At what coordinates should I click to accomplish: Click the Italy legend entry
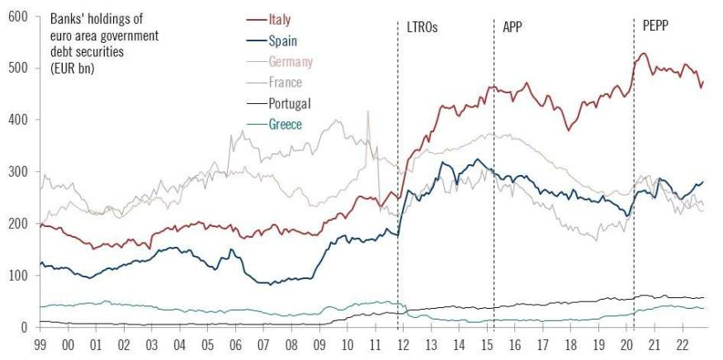[x=279, y=19]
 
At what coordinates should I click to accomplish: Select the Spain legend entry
[x=282, y=40]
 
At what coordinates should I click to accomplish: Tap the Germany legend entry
[x=291, y=61]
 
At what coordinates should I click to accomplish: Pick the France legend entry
[x=285, y=83]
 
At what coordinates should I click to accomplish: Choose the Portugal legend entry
[x=290, y=104]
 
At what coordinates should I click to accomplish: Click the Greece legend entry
[x=285, y=125]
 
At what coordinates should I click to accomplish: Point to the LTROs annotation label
[x=422, y=27]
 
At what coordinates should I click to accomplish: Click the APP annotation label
[x=513, y=27]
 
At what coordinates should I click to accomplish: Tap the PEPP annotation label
[x=654, y=27]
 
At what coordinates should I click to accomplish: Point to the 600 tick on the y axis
[x=18, y=16]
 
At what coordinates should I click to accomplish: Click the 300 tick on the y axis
[x=18, y=172]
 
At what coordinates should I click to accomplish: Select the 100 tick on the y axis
[x=18, y=276]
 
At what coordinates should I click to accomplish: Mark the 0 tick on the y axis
[x=24, y=328]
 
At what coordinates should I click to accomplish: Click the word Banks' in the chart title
[x=66, y=18]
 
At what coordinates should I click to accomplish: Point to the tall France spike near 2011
[x=367, y=113]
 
